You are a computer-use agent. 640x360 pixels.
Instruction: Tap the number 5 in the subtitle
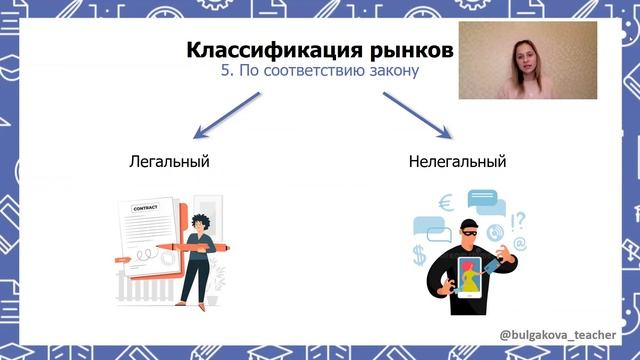[x=225, y=72]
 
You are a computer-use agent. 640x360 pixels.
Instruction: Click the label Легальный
[x=170, y=160]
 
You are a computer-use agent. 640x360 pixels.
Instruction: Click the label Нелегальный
[x=457, y=160]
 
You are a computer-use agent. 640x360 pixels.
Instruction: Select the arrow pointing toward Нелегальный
[x=417, y=115]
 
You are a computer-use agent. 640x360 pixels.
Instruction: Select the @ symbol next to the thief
[x=520, y=244]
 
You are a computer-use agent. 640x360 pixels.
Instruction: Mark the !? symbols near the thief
[x=517, y=217]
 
